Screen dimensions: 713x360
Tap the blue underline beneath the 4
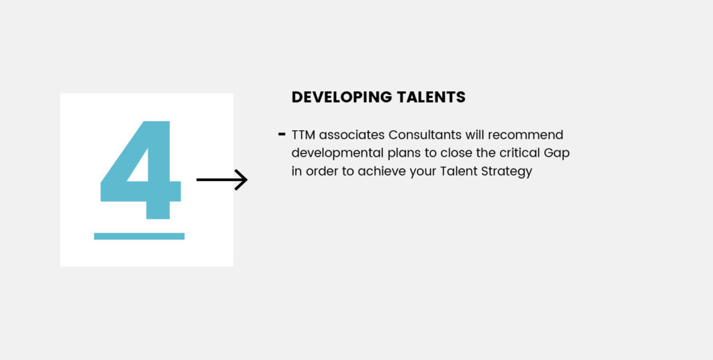(x=139, y=236)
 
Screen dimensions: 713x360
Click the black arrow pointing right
(x=222, y=180)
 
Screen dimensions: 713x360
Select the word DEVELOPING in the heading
(x=341, y=97)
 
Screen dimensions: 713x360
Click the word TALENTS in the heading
(x=431, y=97)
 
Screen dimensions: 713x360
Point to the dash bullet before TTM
(x=281, y=134)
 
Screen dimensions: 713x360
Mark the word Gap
(x=556, y=154)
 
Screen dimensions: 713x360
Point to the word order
(x=322, y=172)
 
